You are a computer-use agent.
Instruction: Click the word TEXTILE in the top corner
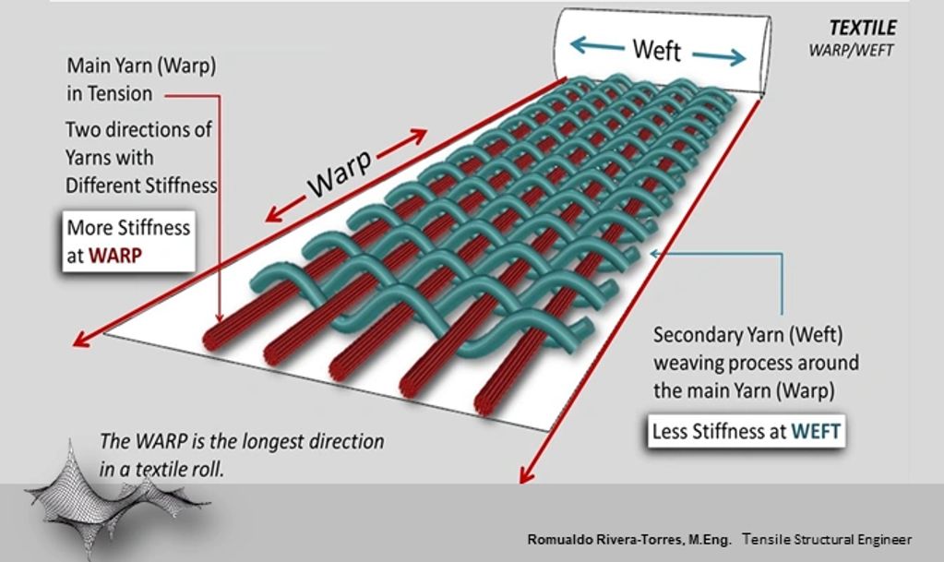click(863, 28)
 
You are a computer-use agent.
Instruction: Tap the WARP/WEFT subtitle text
click(851, 50)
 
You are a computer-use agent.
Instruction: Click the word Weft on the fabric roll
click(656, 50)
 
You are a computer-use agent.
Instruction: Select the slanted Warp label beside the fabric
click(339, 174)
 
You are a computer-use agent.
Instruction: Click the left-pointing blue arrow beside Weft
click(597, 44)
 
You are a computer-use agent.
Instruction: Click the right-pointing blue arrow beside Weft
click(720, 56)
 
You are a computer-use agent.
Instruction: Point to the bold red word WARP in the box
click(115, 256)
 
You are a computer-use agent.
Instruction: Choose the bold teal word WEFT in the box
click(816, 431)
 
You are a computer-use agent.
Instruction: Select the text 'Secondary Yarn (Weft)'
click(747, 335)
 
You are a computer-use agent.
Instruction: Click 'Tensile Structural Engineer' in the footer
click(827, 539)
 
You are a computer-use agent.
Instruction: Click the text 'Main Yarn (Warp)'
click(141, 66)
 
